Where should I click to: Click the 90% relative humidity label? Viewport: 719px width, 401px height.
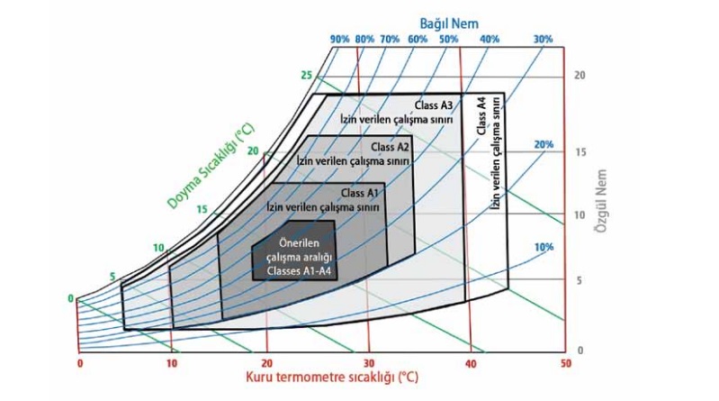[x=339, y=40]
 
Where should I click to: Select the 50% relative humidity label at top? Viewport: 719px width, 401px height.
[x=447, y=40]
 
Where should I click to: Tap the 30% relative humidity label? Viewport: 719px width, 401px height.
[x=543, y=40]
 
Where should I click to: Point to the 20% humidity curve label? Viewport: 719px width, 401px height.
[x=543, y=145]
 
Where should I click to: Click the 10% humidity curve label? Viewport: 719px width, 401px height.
[x=543, y=247]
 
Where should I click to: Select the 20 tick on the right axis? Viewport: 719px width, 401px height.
[x=580, y=76]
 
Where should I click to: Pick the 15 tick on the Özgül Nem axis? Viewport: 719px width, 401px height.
[x=580, y=152]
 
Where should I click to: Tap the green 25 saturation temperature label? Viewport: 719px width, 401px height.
[x=305, y=76]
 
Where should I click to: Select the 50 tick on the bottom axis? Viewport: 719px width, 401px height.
[x=565, y=363]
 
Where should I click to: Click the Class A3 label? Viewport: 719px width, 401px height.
[x=434, y=105]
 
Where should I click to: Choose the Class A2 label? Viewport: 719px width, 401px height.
[x=391, y=147]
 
